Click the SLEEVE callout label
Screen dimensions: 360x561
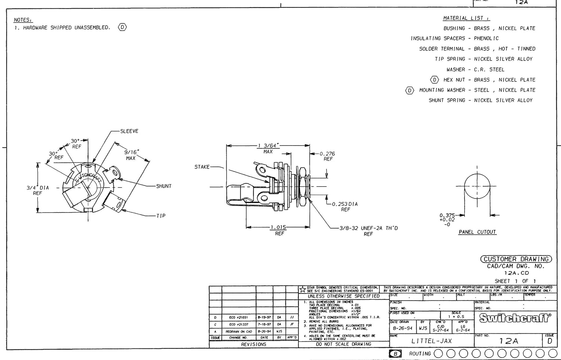(129, 131)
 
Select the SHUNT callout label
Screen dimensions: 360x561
(163, 186)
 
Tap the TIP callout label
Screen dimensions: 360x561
(160, 216)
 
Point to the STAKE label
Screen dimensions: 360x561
(202, 167)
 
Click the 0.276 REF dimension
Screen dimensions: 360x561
(327, 156)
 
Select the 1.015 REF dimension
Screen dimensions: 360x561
(279, 230)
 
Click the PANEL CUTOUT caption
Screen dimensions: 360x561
(477, 232)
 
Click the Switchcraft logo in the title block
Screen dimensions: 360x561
(515, 318)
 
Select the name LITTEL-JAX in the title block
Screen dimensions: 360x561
(432, 341)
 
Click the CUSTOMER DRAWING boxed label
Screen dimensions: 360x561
(516, 259)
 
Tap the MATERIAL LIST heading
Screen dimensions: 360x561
(466, 18)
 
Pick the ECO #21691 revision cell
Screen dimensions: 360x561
(238, 317)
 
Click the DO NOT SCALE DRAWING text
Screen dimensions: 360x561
(343, 344)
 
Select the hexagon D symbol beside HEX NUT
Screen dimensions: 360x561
(434, 80)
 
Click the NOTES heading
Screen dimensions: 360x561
(23, 20)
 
